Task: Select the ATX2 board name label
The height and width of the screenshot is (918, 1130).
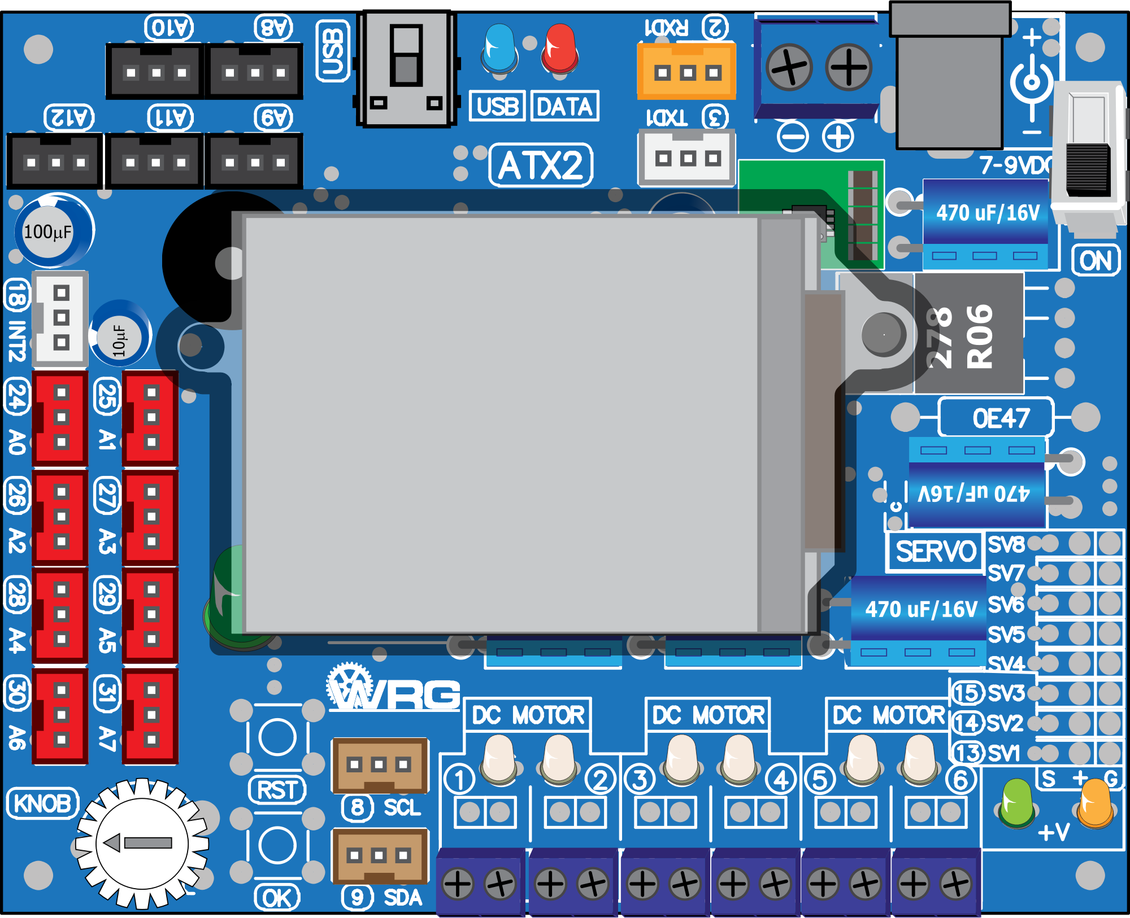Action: (x=541, y=165)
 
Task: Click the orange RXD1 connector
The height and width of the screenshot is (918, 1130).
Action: (x=686, y=72)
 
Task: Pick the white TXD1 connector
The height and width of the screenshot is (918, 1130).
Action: (x=686, y=158)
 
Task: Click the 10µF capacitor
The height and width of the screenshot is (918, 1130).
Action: (x=120, y=337)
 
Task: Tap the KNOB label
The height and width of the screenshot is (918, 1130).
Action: (x=42, y=803)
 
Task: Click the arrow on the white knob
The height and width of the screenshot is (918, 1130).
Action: (x=139, y=843)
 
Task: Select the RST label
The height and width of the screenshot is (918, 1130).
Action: (x=277, y=790)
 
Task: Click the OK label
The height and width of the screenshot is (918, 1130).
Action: (x=277, y=897)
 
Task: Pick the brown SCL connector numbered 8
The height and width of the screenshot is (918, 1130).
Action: (x=379, y=766)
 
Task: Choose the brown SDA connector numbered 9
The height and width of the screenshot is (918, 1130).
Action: (x=379, y=856)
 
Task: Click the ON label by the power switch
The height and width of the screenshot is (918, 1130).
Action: (x=1096, y=261)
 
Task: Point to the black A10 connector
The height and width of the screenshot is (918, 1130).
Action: (x=155, y=71)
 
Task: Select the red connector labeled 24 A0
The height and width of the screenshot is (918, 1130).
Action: (x=60, y=418)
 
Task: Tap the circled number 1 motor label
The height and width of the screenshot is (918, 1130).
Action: (x=459, y=780)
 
